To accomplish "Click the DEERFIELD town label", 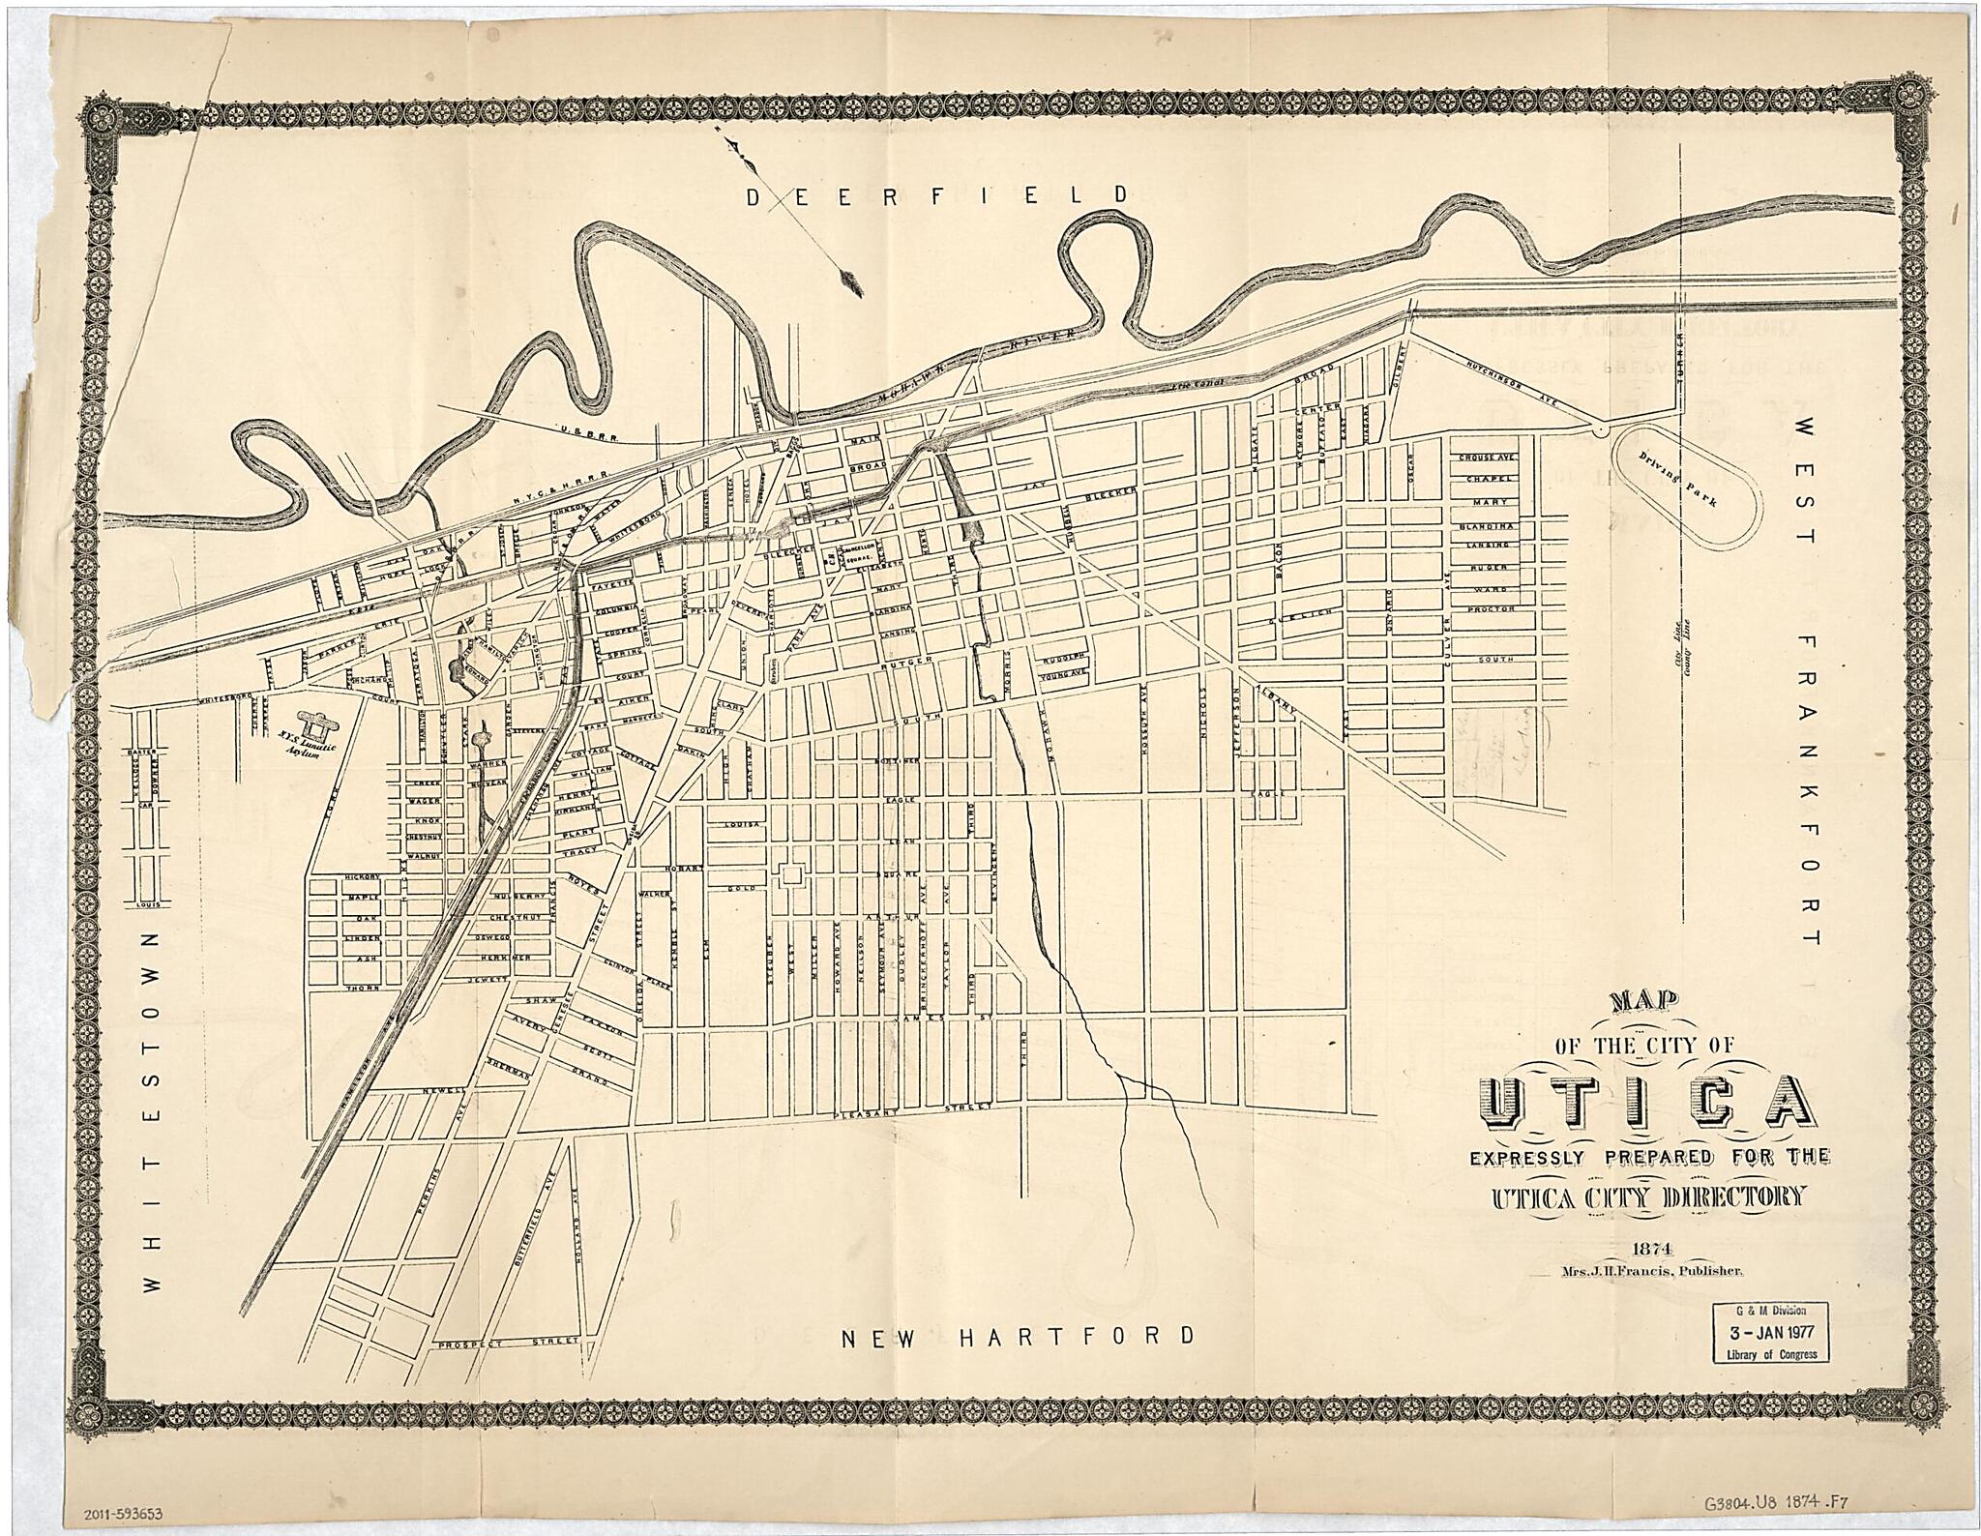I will click(935, 195).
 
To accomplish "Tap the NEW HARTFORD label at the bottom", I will click(1017, 1337).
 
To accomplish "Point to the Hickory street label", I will click(357, 877).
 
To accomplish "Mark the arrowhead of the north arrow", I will click(852, 281).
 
